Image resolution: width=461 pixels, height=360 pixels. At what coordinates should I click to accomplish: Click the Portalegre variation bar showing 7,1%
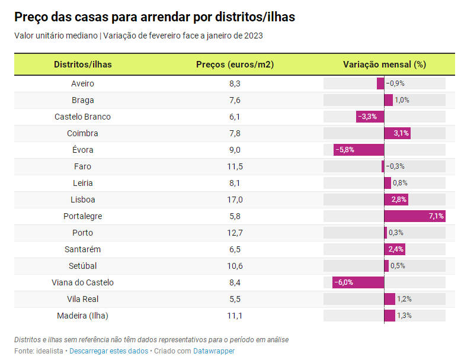click(414, 216)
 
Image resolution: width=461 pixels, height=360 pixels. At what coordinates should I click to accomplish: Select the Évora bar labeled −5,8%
click(358, 150)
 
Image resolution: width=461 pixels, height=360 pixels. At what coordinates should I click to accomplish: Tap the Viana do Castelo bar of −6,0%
click(358, 282)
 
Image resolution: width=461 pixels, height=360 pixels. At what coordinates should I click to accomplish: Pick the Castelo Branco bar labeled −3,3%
click(370, 117)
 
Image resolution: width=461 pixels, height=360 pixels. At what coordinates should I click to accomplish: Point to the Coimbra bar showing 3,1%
click(397, 133)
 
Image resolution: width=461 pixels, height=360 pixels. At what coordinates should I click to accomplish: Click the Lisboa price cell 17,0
click(235, 200)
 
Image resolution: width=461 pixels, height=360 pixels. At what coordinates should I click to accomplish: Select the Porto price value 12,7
click(235, 233)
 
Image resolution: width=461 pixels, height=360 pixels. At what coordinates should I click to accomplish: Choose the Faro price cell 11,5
click(235, 166)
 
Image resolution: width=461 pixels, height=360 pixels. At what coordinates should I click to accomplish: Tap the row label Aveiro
click(82, 83)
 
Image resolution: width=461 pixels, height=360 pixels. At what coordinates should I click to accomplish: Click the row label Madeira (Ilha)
click(82, 316)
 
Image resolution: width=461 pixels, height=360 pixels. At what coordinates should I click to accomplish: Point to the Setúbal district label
click(82, 266)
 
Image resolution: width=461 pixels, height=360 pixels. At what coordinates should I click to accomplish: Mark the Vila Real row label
click(82, 299)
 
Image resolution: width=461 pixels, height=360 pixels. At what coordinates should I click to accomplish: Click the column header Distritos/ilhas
click(82, 64)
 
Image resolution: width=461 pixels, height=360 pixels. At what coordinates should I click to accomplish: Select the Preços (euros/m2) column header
click(235, 64)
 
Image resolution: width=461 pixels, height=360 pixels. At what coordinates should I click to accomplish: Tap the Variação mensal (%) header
click(385, 64)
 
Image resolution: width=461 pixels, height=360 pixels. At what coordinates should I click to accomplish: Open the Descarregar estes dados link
click(108, 351)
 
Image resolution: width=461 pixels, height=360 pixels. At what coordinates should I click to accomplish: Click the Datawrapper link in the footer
click(214, 351)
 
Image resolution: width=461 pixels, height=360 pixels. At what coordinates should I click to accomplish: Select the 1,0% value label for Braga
click(402, 100)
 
